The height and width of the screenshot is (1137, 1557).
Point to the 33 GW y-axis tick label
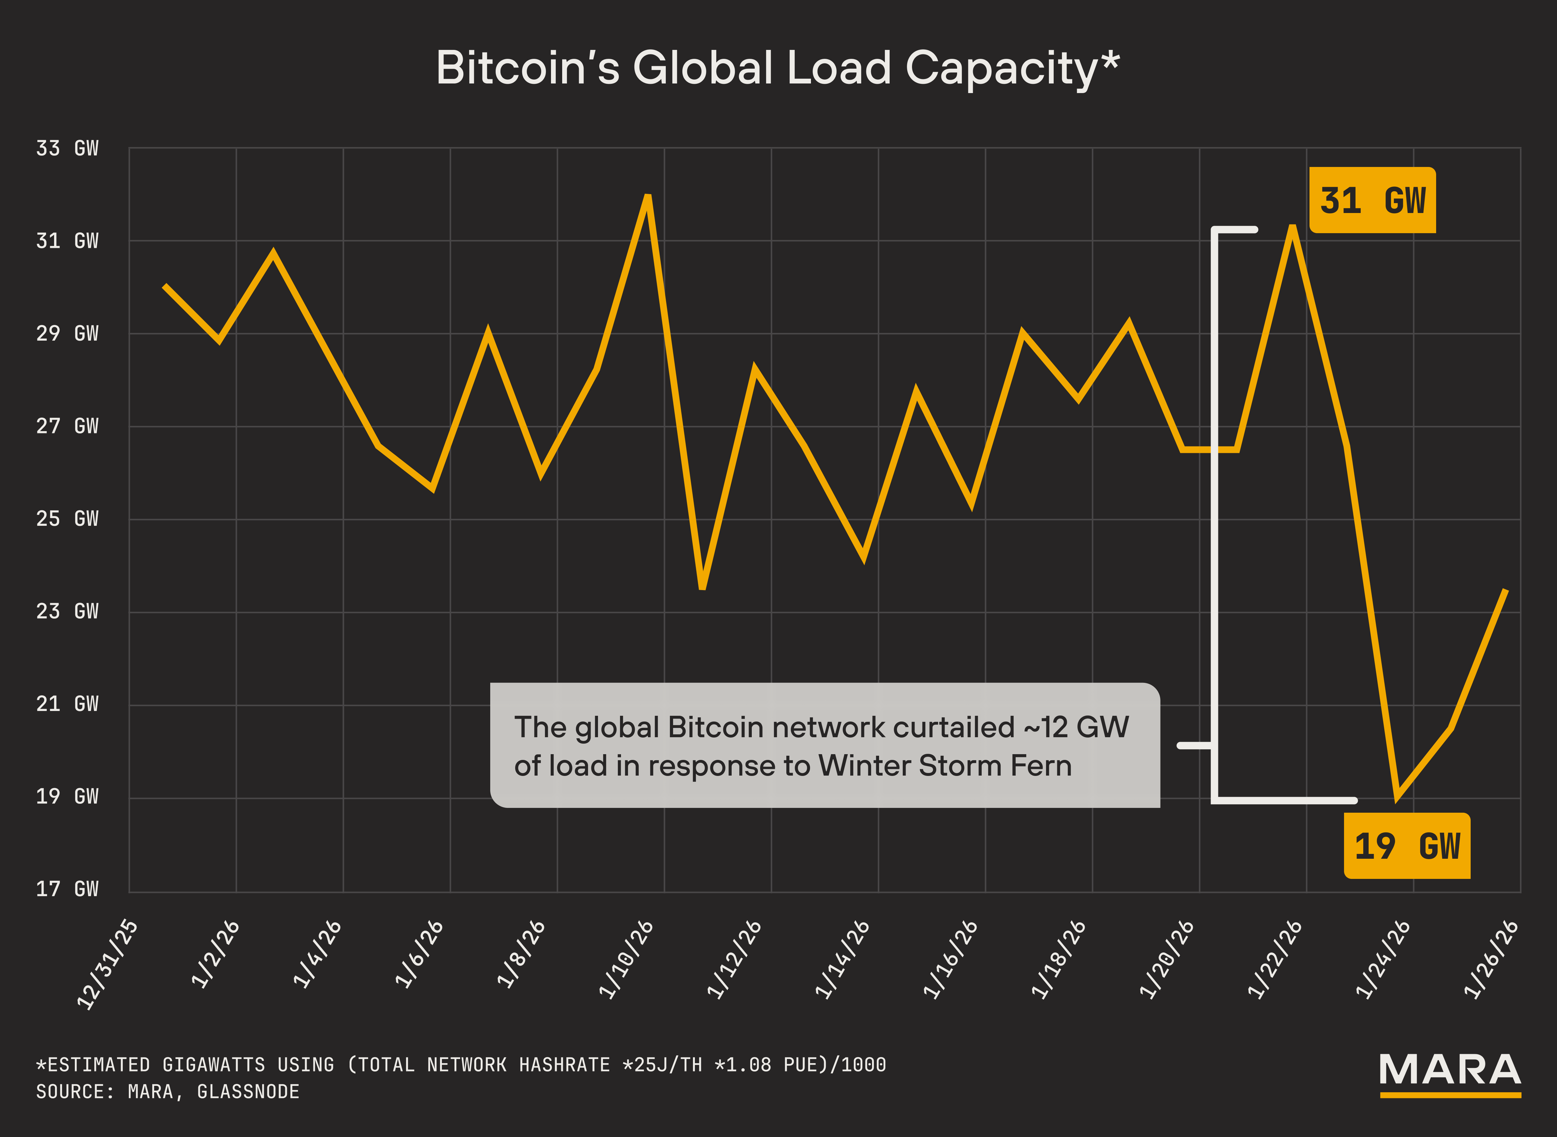(x=67, y=148)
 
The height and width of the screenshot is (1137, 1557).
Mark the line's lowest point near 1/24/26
(x=1397, y=798)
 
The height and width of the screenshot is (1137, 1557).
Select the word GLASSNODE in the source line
(x=248, y=1092)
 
